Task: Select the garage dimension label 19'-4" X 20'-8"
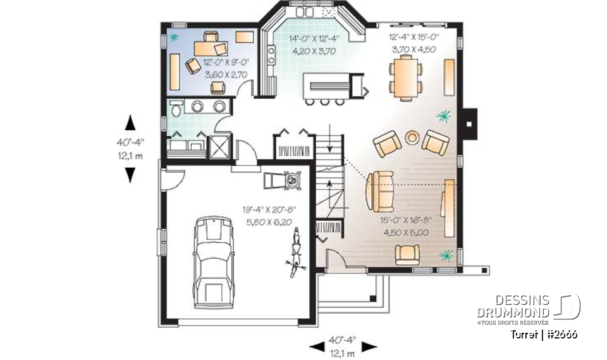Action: tap(269, 209)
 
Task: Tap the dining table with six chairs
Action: tap(405, 75)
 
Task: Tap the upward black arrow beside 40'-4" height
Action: tap(130, 121)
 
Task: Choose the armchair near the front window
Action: tap(407, 254)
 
